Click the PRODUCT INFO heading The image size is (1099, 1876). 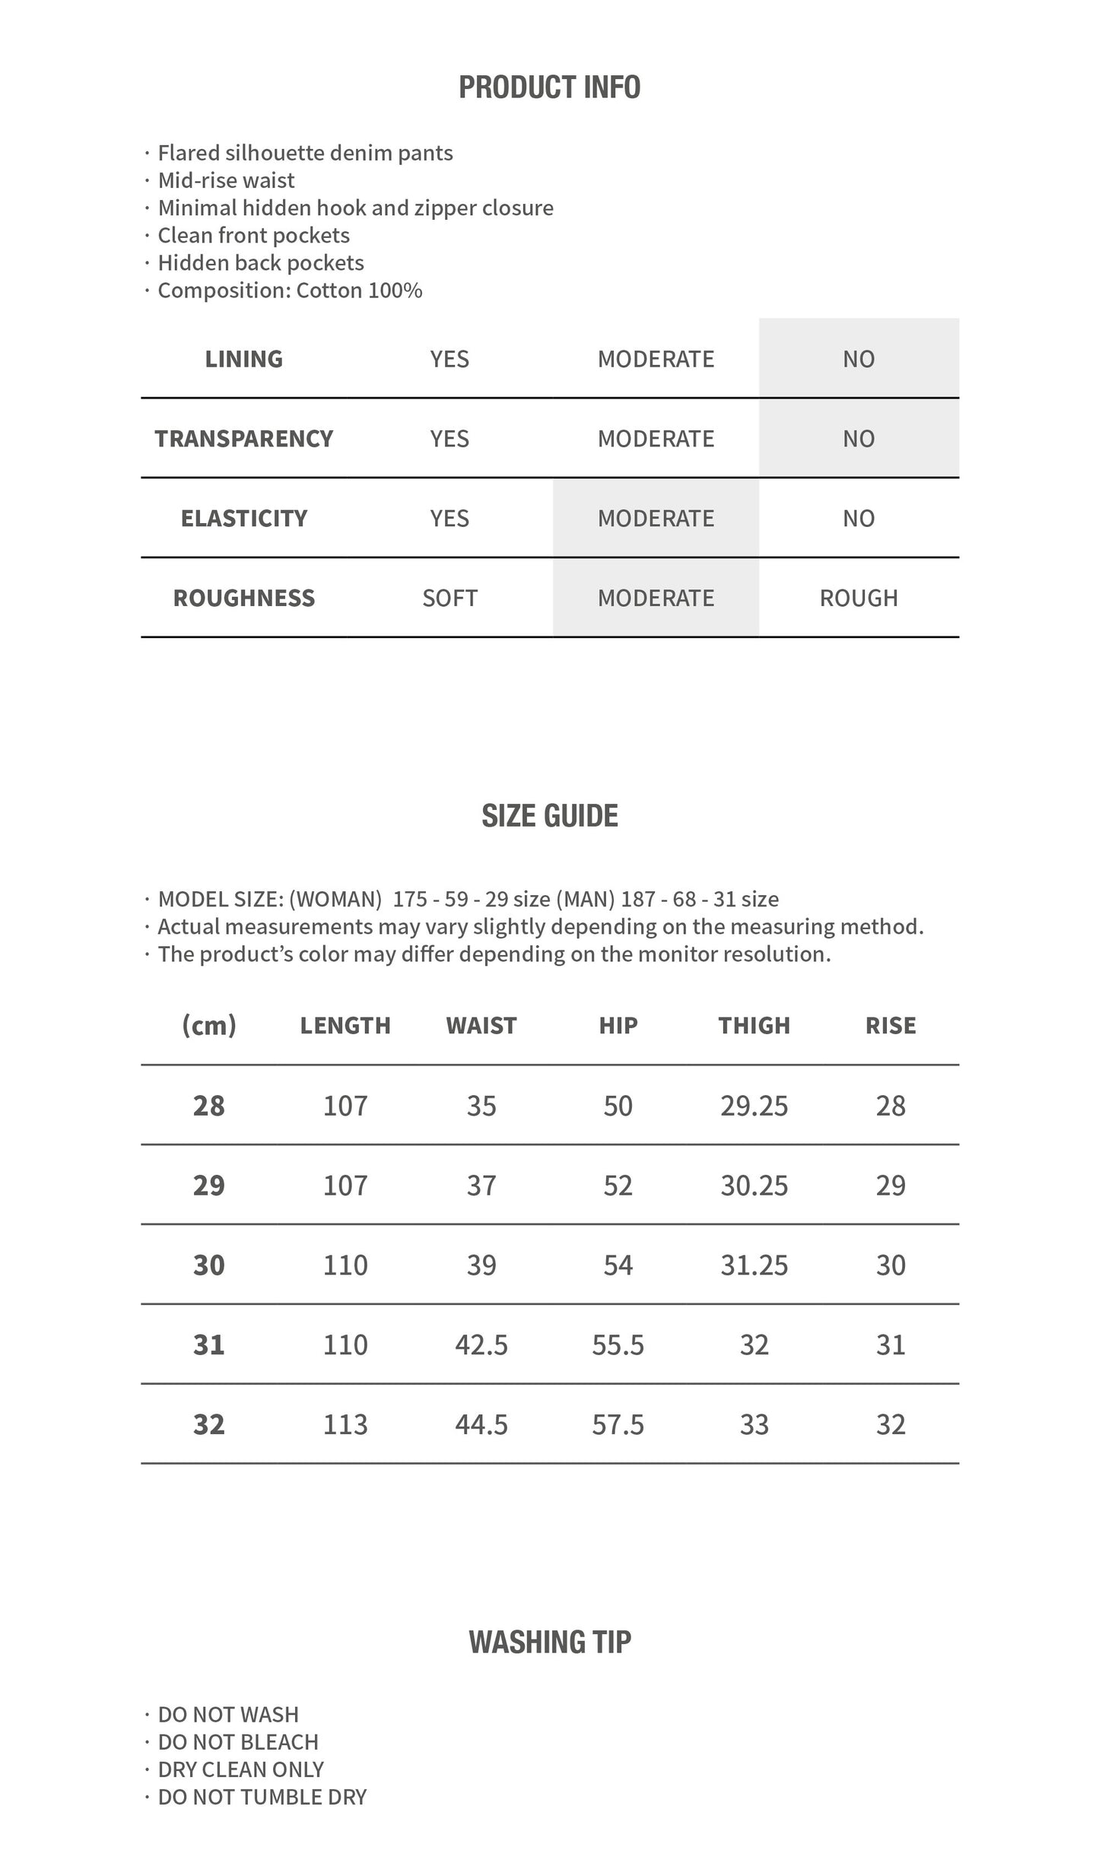coord(549,87)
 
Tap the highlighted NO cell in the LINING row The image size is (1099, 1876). coord(859,359)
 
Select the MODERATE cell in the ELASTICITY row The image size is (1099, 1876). coord(656,519)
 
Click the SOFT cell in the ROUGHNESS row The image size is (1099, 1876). coord(449,598)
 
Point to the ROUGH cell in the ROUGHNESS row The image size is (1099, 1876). coord(859,598)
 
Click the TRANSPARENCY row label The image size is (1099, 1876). coord(244,439)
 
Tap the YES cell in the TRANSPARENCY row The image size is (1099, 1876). coord(449,439)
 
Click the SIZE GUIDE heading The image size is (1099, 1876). coord(549,816)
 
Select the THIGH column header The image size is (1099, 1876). coord(754,1026)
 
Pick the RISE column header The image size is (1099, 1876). coord(891,1026)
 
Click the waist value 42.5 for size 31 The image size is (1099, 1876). coord(481,1345)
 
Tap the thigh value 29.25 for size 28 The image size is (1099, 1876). coord(754,1106)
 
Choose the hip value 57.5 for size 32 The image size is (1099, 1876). coord(618,1425)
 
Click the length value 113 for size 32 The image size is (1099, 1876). coord(345,1425)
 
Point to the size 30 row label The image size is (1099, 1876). coord(209,1265)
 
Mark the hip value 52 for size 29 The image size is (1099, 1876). coord(618,1186)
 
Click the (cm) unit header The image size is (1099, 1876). coord(209,1026)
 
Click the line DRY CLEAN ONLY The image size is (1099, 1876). coord(240,1770)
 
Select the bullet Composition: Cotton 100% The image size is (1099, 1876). coord(290,290)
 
